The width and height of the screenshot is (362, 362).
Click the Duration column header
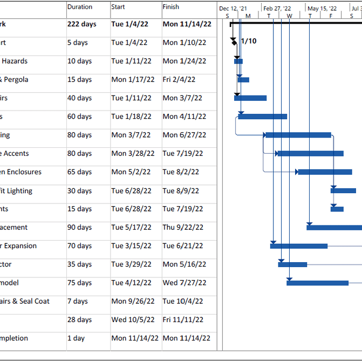click(x=80, y=7)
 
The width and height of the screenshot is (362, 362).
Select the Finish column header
click(x=171, y=7)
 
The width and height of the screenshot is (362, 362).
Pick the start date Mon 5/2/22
click(x=129, y=172)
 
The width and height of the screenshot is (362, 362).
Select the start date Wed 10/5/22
click(x=132, y=320)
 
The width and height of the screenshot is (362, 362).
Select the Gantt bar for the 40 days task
click(x=250, y=98)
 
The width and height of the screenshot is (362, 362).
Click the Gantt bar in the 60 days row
click(x=263, y=117)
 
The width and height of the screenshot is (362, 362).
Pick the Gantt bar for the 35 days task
click(x=292, y=264)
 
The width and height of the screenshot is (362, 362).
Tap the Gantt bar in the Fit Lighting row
click(x=343, y=190)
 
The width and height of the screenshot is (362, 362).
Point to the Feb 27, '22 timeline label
click(x=277, y=9)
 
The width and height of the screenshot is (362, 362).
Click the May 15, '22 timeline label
click(x=322, y=9)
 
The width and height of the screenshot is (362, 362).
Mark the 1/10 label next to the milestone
click(x=249, y=42)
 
